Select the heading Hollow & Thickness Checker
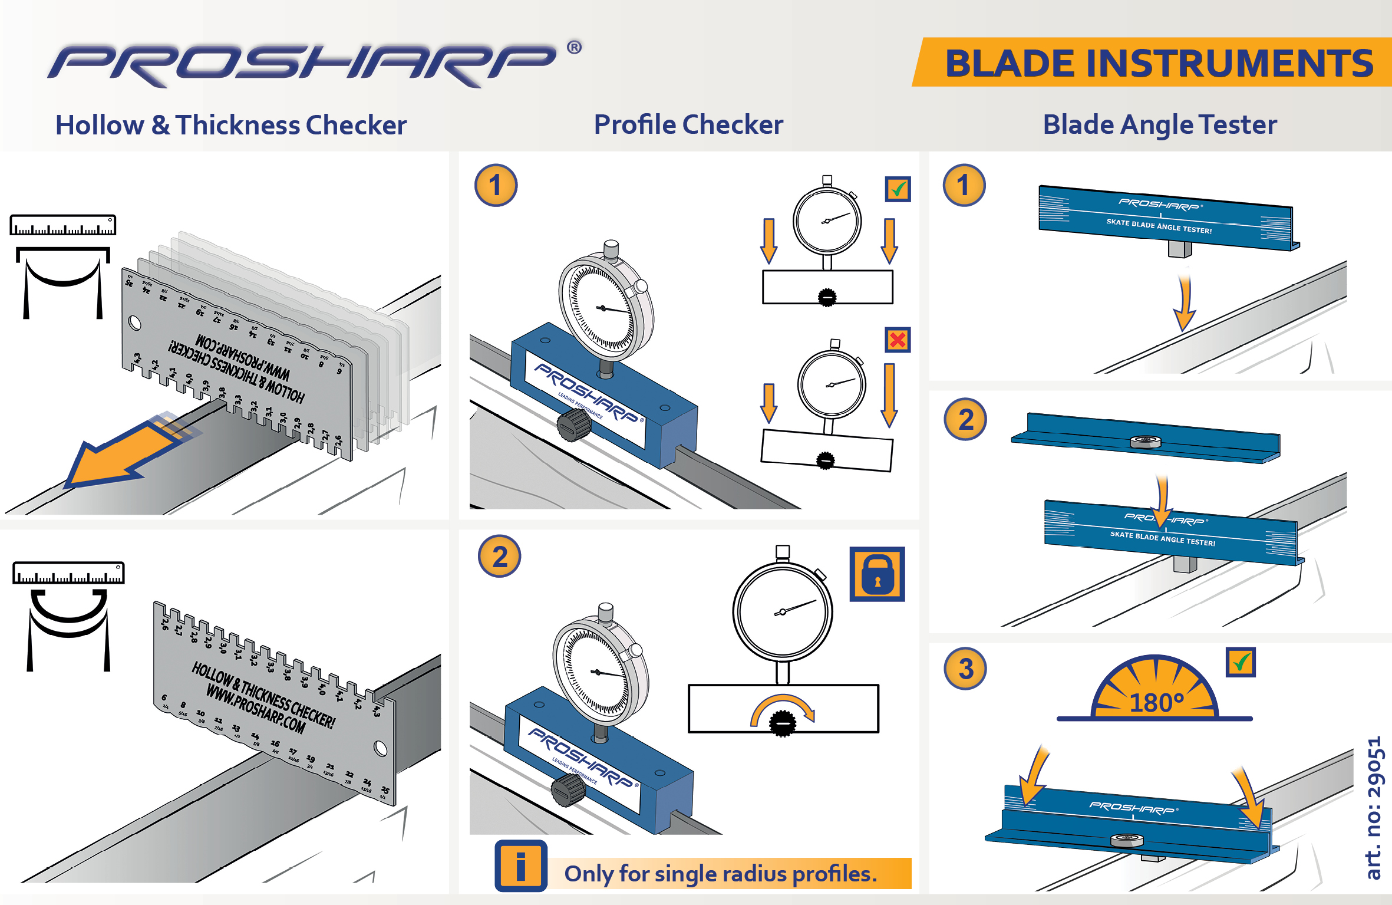coord(230,125)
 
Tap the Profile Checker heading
coord(688,124)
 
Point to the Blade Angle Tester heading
coord(1159,124)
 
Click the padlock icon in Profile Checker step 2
coord(877,574)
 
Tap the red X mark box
coord(898,340)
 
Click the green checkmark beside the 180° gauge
coord(1241,662)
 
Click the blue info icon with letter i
coord(520,866)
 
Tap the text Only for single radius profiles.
coord(720,874)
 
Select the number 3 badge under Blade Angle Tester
coord(965,669)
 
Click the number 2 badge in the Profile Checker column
coord(499,557)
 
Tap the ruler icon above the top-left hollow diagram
coord(63,225)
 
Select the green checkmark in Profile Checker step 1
coord(898,189)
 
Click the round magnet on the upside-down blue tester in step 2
coord(1145,442)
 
